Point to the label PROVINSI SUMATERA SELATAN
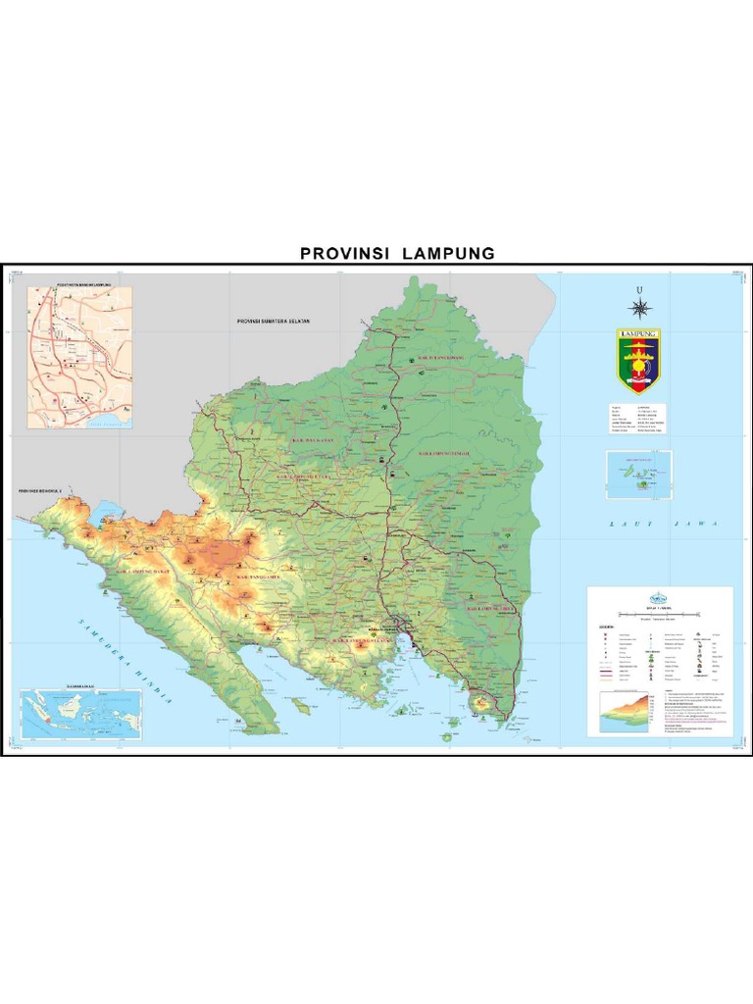coord(273,322)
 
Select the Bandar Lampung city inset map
coord(79,357)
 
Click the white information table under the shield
coord(637,417)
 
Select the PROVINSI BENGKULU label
coord(39,488)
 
